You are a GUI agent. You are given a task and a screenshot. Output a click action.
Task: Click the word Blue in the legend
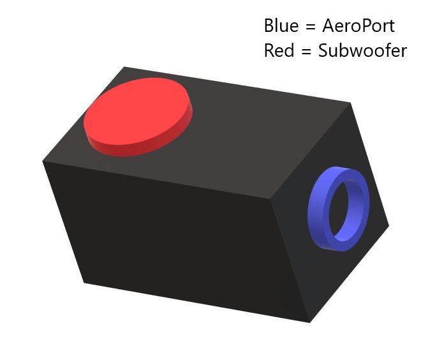[x=281, y=26]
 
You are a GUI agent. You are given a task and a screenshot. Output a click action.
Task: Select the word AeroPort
[x=359, y=26]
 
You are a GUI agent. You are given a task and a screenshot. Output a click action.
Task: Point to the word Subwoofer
[x=362, y=50]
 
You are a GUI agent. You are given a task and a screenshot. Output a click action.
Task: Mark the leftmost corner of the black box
[x=43, y=161]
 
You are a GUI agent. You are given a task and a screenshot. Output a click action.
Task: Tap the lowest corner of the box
[x=310, y=322]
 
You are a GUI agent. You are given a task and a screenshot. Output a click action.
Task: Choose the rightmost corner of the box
[x=389, y=226]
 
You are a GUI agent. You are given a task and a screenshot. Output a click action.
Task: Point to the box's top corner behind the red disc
[x=124, y=66]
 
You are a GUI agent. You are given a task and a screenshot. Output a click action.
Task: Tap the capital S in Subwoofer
[x=324, y=50]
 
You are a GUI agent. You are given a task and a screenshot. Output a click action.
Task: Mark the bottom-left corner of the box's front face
[x=84, y=281]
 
